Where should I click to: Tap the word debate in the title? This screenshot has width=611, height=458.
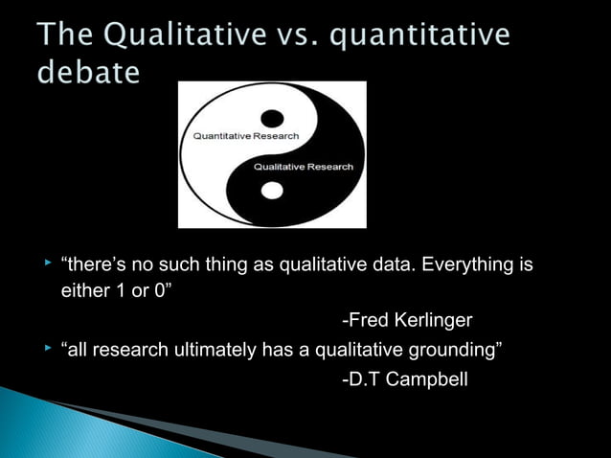point(89,72)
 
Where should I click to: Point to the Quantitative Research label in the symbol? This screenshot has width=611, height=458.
point(246,136)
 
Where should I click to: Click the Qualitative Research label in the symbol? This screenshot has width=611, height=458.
point(303,167)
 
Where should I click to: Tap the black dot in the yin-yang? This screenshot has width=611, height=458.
point(273,118)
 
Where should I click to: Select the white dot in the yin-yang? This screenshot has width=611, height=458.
point(273,190)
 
